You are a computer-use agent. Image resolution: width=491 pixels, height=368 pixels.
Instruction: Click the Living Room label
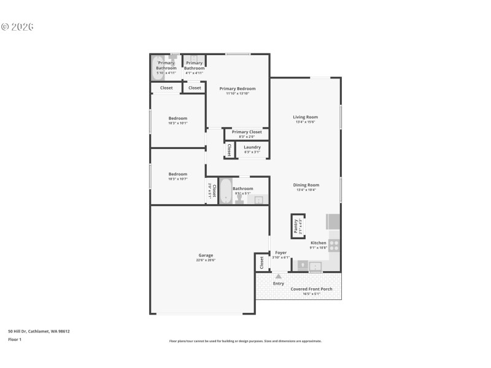coord(305,117)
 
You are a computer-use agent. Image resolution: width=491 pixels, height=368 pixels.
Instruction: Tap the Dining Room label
coord(305,185)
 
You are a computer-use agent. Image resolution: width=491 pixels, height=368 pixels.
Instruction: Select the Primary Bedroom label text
coord(238,88)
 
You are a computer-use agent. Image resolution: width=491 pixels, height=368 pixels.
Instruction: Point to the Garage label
coord(206,255)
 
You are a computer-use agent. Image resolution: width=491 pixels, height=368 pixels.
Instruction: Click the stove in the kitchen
coord(334,245)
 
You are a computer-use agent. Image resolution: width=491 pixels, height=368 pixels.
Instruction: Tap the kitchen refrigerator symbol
coord(333,221)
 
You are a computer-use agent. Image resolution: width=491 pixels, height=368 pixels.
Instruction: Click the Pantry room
coord(297,226)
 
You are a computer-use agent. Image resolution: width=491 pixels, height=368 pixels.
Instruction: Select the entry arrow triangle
coord(279,277)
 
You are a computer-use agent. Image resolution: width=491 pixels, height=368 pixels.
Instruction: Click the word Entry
coord(279,283)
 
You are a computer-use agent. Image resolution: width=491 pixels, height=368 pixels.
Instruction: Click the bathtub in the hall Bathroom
coord(225,191)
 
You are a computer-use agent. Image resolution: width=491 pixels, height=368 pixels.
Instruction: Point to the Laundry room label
coord(252,147)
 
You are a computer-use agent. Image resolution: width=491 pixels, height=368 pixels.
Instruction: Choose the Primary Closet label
coord(247,131)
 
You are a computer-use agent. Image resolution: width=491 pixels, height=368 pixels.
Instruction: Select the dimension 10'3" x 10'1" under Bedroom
coord(178,123)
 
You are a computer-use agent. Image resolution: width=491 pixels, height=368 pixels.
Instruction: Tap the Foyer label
coord(280,253)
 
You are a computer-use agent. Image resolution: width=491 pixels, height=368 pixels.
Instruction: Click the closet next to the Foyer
coord(262,263)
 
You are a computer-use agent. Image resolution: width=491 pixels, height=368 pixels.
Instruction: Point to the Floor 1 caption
coord(15,339)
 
